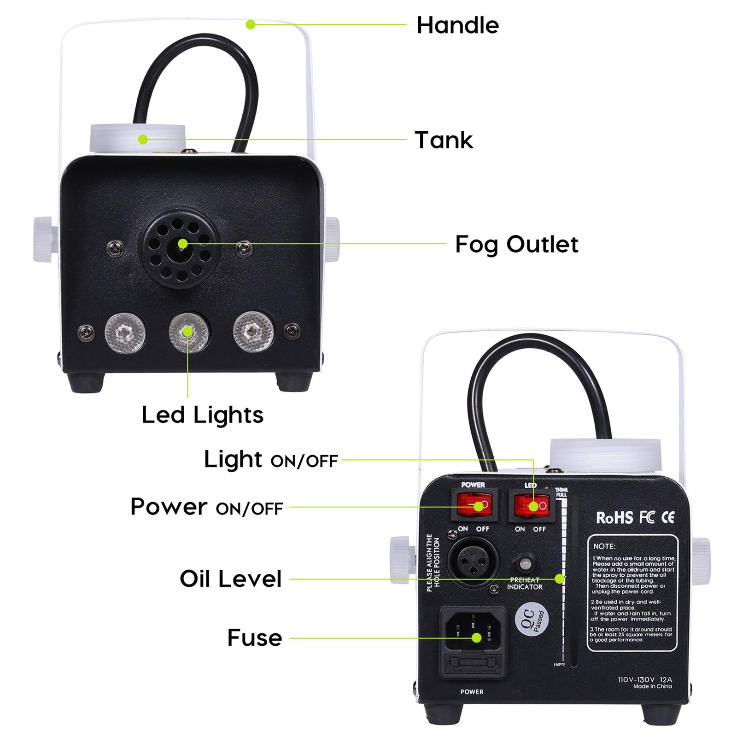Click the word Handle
click(457, 25)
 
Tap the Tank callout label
click(444, 140)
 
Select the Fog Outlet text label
click(516, 245)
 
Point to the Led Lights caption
click(202, 415)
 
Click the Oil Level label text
click(230, 579)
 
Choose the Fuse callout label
click(255, 638)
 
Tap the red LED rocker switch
click(530, 506)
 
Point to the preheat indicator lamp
click(525, 564)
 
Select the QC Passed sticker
click(532, 619)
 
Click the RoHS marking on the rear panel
click(614, 518)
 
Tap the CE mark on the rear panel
click(668, 518)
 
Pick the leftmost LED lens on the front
click(125, 332)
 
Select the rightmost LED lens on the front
click(252, 332)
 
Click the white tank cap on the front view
click(137, 138)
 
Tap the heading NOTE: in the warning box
click(604, 546)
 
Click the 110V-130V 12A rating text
click(645, 679)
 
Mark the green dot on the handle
click(250, 24)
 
